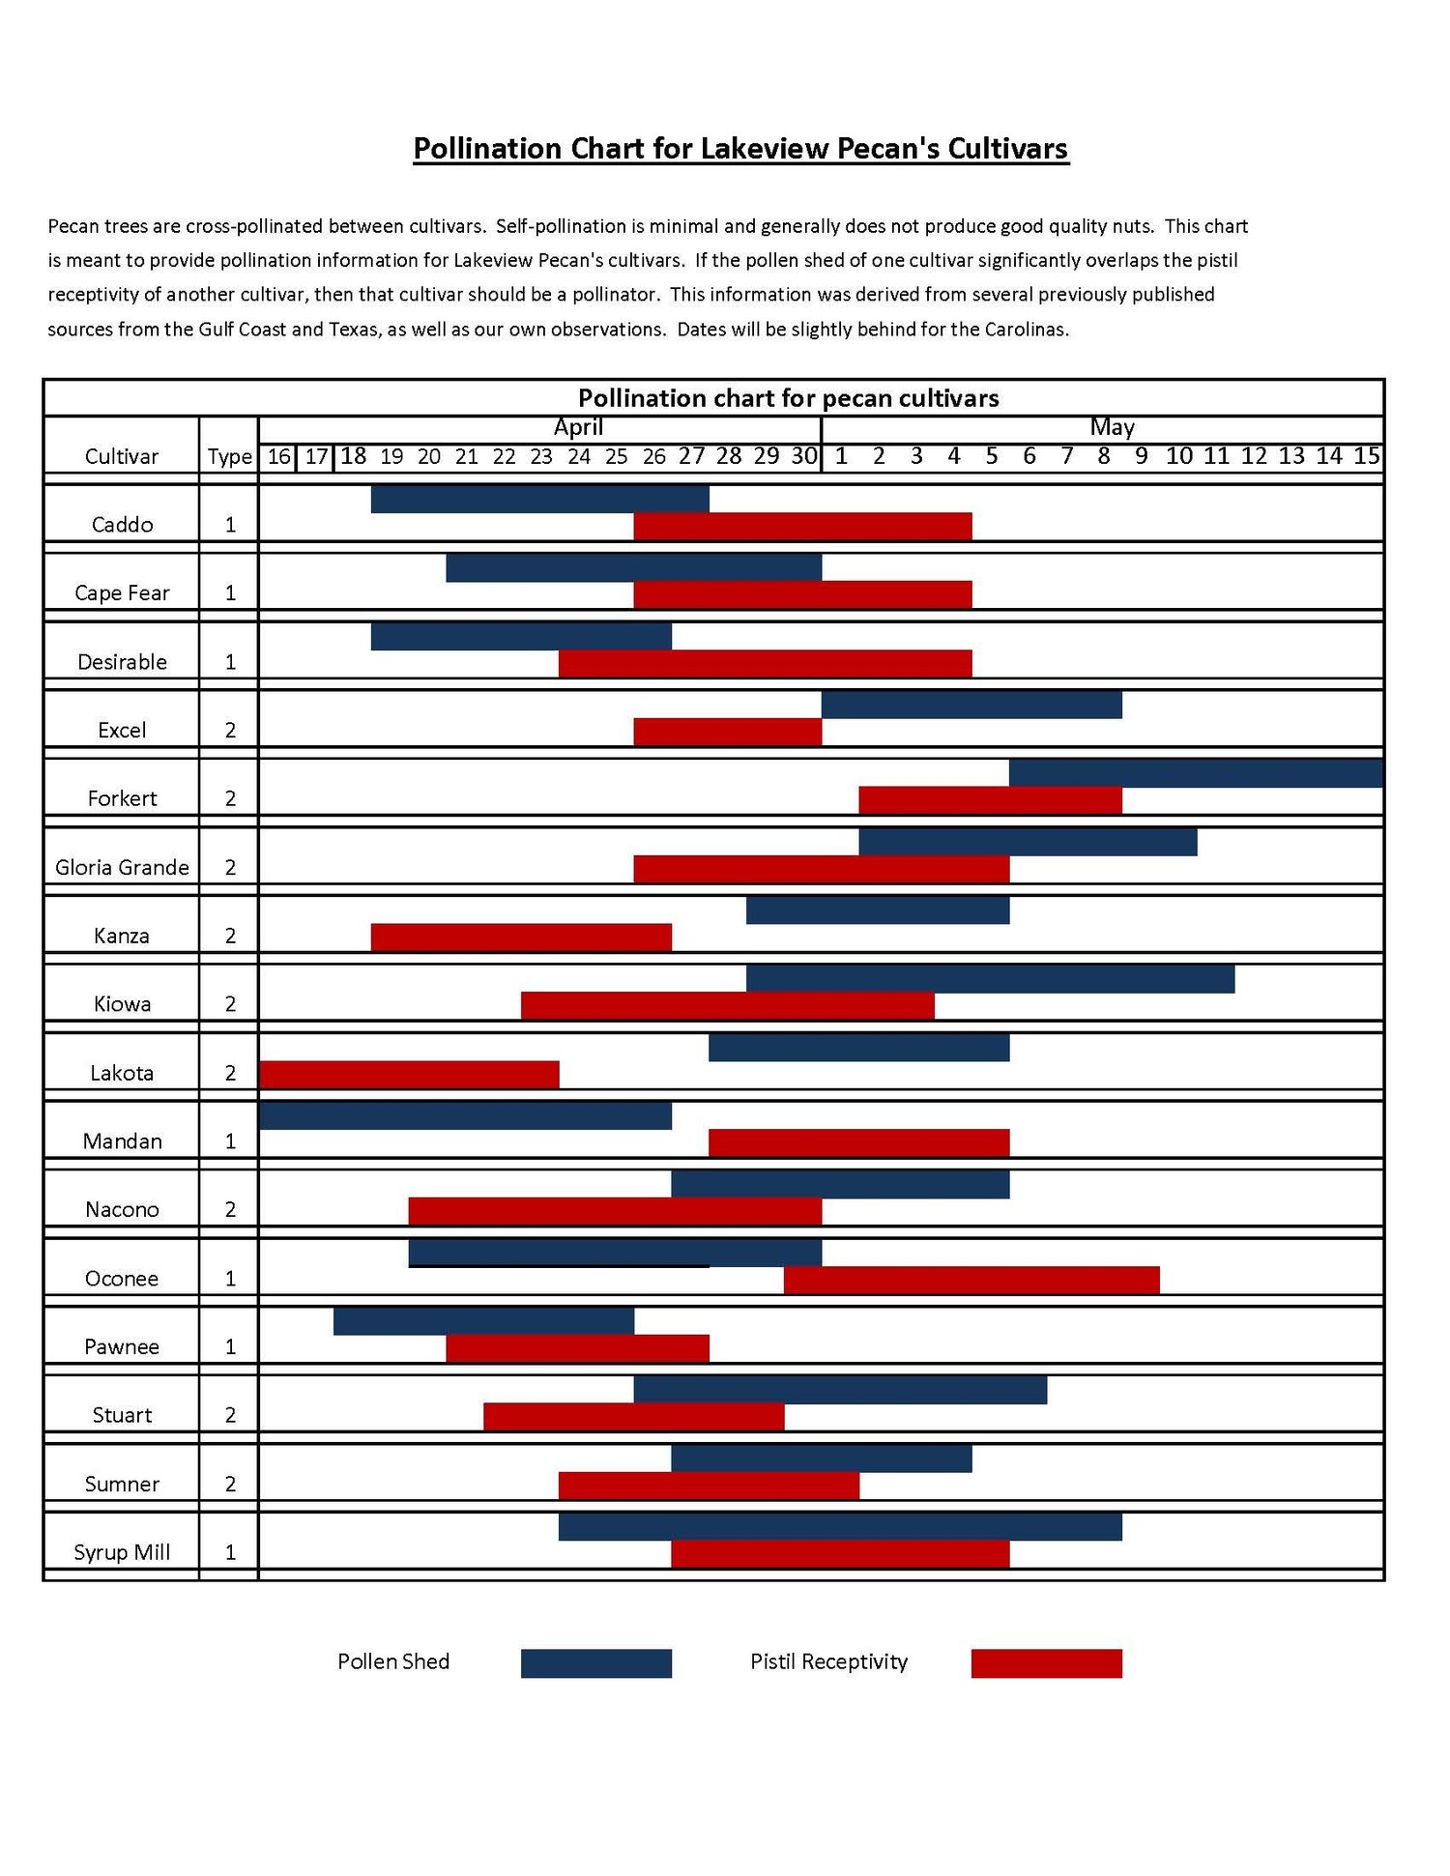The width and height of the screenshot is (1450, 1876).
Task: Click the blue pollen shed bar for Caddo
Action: point(539,499)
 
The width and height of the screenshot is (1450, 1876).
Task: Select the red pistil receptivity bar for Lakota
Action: point(409,1074)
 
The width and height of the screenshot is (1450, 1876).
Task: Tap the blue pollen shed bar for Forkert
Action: point(1196,773)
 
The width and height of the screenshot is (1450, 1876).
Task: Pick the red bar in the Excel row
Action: point(727,732)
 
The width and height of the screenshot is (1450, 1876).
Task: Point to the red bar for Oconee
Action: point(971,1280)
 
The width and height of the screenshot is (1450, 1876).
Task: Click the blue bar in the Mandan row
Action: point(465,1115)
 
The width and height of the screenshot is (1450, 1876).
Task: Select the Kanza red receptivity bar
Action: point(521,937)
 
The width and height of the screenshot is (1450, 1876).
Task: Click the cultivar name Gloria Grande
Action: point(122,867)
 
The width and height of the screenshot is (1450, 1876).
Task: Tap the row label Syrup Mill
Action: point(122,1552)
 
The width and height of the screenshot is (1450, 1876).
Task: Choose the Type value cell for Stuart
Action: point(230,1415)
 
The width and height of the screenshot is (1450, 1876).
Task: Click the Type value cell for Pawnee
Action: point(230,1346)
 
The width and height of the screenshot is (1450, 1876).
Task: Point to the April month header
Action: point(578,427)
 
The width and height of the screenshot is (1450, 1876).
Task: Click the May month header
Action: point(1112,427)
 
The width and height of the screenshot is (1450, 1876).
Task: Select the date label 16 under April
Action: point(279,456)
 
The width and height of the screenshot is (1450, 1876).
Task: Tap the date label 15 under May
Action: point(1366,456)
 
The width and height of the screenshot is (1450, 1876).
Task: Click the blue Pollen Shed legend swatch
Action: point(595,1663)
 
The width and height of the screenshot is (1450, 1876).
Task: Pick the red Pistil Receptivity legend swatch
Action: point(1046,1663)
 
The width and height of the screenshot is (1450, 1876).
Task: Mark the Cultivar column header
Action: point(122,456)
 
